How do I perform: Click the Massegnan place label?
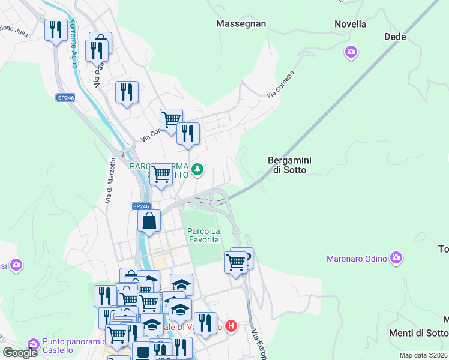pos(241,23)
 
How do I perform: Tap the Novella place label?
pos(351,24)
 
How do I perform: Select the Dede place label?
pos(395,37)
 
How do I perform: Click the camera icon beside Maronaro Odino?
pos(396,258)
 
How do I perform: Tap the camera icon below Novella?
pos(351,52)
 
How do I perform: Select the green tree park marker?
pos(197,170)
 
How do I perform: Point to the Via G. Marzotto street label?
pos(110,180)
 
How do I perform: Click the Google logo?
pos(20,352)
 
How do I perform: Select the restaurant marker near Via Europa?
pos(205,323)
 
